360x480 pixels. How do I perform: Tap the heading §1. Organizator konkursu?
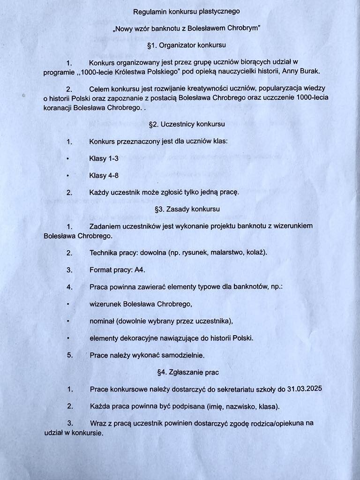pyautogui.click(x=186, y=45)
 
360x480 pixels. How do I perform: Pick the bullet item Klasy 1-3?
pyautogui.click(x=104, y=158)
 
